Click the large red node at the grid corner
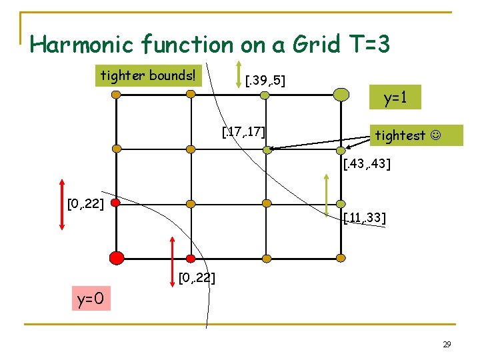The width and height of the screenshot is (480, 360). click(116, 257)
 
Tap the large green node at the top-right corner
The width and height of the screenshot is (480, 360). click(341, 95)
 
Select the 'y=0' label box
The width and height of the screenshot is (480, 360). click(91, 299)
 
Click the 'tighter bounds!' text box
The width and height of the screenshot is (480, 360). click(148, 75)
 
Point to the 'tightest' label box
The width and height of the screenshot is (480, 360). click(416, 135)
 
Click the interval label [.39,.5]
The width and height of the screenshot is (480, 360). click(265, 81)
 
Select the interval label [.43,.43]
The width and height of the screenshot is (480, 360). click(367, 164)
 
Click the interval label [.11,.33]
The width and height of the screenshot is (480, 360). click(365, 218)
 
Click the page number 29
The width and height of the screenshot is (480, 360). click(447, 345)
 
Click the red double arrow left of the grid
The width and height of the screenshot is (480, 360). click(61, 204)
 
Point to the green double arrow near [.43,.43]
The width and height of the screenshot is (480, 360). click(327, 195)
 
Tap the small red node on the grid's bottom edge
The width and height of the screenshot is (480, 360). click(191, 258)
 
